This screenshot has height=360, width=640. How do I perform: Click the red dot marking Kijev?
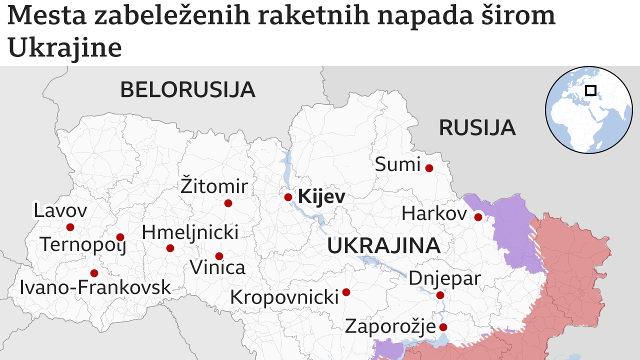coord(288,197)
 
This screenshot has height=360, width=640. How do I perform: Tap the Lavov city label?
coord(60,210)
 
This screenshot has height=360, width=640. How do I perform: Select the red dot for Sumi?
coord(429,168)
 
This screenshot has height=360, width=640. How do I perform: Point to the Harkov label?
coord(433,214)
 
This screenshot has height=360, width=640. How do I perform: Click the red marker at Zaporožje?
coord(443,327)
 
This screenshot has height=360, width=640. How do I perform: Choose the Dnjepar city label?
coord(444,278)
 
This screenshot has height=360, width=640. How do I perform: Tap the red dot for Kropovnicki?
coord(346,292)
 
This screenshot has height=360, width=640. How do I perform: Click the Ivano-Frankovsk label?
coord(95,287)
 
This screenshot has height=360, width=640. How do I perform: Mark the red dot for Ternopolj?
coord(120,237)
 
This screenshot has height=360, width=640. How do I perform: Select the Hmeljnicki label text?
coord(190,232)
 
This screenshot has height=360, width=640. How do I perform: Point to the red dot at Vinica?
coord(219,256)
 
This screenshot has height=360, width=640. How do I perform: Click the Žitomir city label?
coord(214,186)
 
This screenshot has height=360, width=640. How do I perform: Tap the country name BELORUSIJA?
coord(187,90)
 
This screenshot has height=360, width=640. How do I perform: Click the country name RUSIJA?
coord(476,128)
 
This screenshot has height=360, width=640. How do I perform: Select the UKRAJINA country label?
coord(383,246)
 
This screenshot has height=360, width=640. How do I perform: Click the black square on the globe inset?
coord(590,90)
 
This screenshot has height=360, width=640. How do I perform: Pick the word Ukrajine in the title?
coord(65,48)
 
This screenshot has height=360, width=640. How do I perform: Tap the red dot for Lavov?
coord(70,227)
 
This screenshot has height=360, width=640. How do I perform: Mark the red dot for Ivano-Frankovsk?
coord(94,273)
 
